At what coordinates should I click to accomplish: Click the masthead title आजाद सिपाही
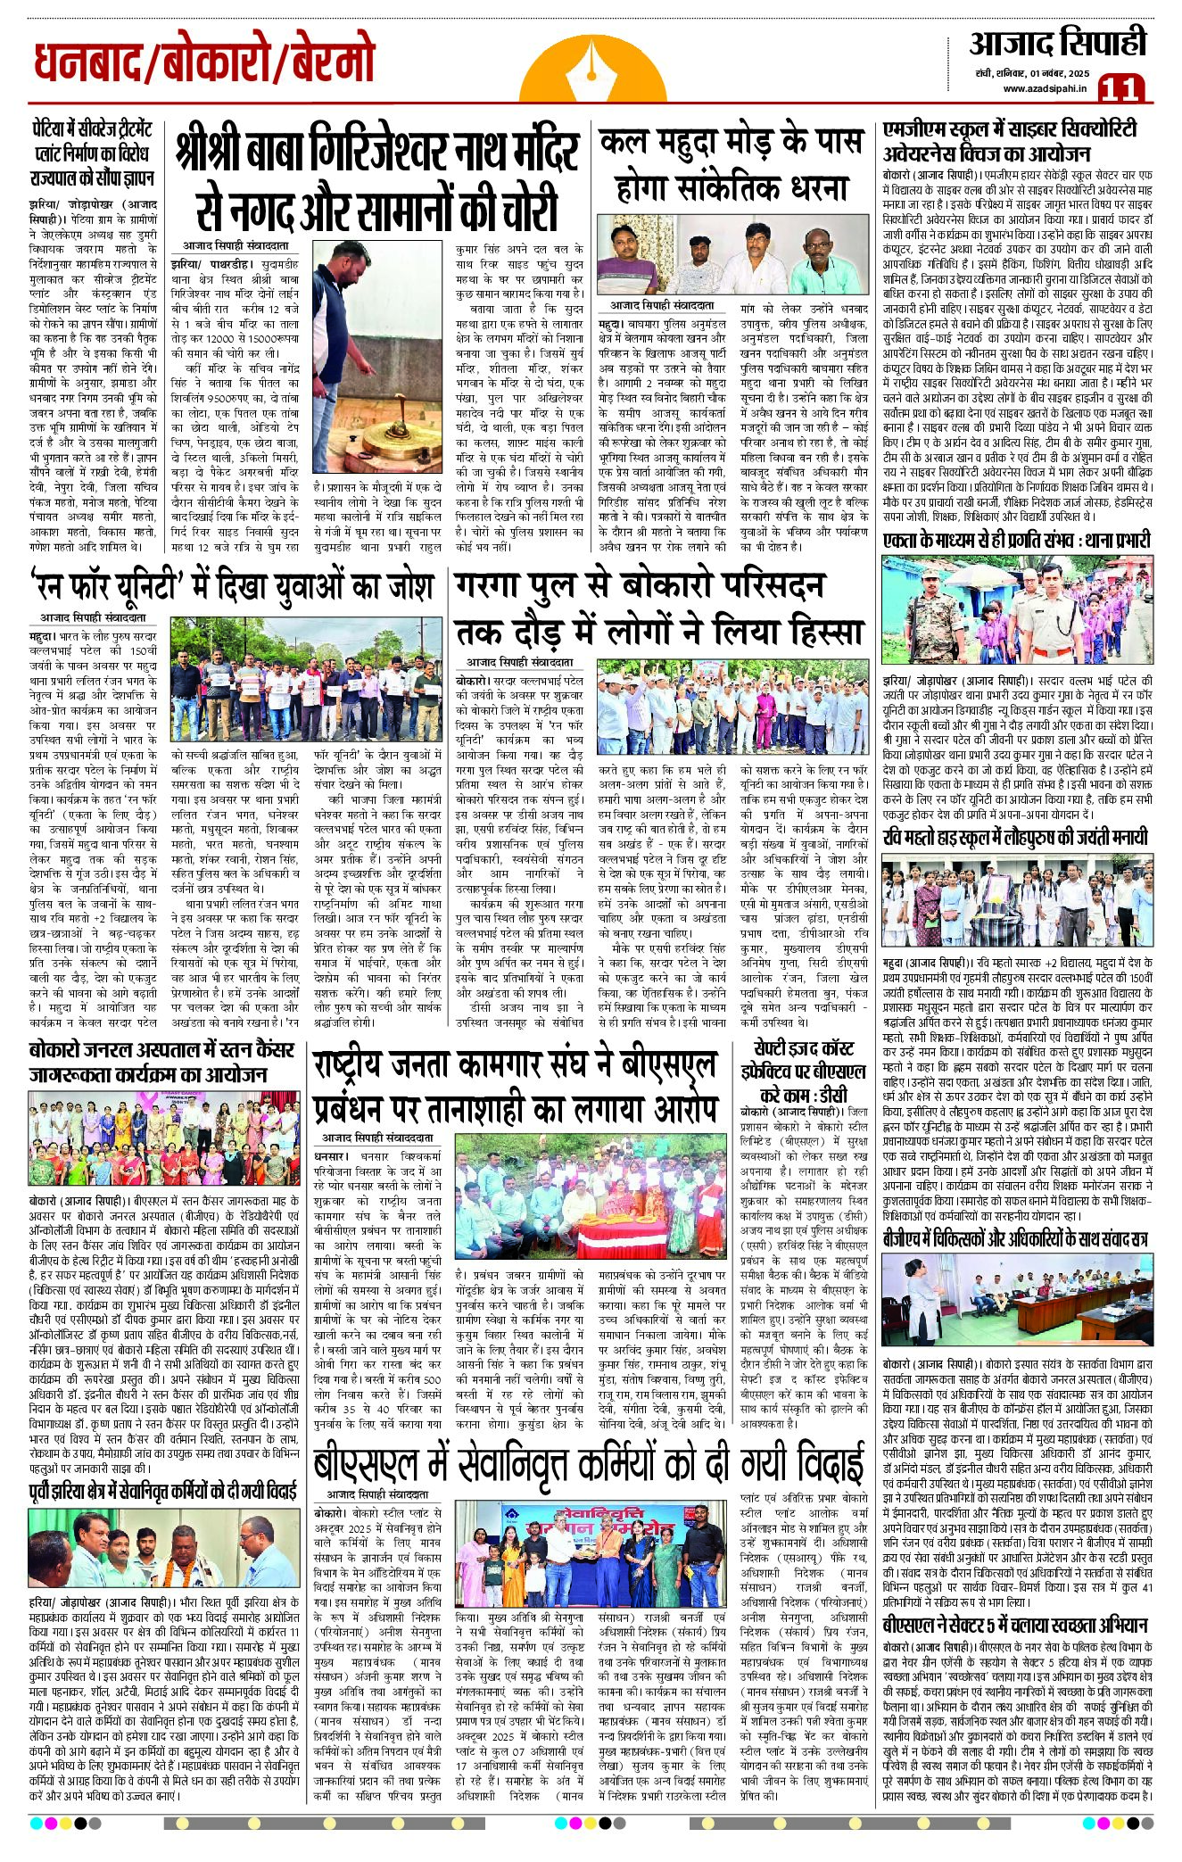pyautogui.click(x=1058, y=44)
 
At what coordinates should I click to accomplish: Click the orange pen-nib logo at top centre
pyautogui.click(x=591, y=63)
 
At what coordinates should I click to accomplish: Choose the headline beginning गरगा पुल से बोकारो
pyautogui.click(x=660, y=608)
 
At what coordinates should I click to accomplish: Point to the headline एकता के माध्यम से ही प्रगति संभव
pyautogui.click(x=1016, y=540)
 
